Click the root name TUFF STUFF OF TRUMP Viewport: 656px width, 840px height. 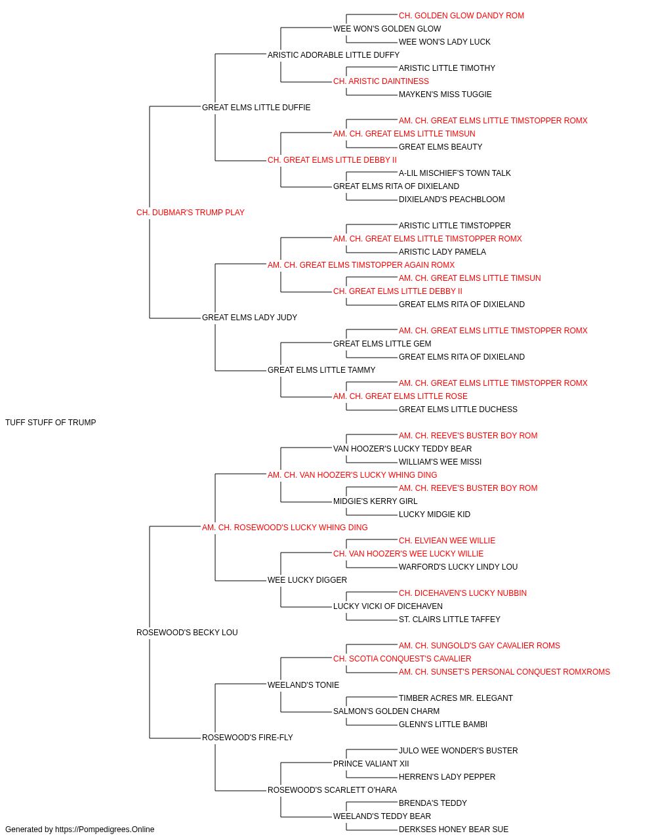(51, 423)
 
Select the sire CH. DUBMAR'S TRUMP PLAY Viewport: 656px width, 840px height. (190, 213)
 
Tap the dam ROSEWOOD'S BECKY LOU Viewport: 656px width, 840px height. (187, 633)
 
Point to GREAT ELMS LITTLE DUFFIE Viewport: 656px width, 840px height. (256, 108)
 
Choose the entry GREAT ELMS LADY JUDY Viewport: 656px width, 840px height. (249, 318)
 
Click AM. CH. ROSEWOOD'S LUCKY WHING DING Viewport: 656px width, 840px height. (285, 527)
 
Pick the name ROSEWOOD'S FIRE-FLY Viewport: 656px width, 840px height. (247, 737)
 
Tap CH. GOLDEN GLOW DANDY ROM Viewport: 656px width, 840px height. (461, 16)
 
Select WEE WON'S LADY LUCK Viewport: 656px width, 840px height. (444, 42)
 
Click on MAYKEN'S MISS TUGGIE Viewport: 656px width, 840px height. (445, 94)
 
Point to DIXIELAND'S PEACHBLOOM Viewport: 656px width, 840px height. (451, 199)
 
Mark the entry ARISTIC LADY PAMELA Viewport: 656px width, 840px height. (442, 251)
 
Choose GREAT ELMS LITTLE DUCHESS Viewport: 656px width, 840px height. (458, 409)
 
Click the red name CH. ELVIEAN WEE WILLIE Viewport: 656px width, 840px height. (447, 540)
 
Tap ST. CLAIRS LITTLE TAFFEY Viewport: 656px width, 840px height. (449, 619)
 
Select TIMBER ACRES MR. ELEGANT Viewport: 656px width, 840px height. (456, 698)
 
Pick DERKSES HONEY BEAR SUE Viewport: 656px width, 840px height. (453, 829)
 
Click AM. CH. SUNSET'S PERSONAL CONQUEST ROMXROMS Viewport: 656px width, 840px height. (504, 672)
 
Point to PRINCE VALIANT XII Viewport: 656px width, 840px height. (371, 763)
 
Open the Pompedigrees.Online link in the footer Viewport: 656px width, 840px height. (104, 829)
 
